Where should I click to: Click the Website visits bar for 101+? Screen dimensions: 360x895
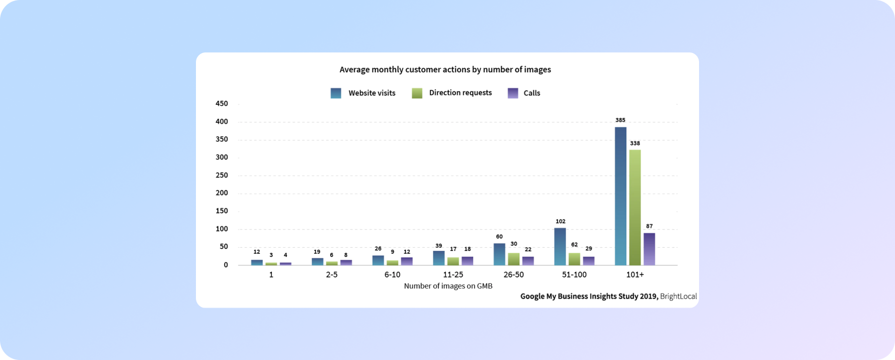tap(620, 196)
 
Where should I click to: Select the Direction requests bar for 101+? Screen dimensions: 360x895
tap(635, 207)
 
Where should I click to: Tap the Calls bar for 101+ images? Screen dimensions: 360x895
tap(649, 249)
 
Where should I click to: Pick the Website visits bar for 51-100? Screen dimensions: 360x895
tap(560, 246)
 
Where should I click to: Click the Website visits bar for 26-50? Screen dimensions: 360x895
tap(499, 254)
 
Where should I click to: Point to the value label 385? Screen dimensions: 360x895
tap(620, 120)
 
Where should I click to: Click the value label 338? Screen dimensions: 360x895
tap(635, 144)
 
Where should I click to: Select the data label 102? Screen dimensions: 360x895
tap(560, 221)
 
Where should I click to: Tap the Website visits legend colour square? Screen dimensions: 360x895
tap(336, 93)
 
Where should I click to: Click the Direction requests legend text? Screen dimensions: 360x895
tap(460, 93)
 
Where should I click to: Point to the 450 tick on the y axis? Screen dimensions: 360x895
tap(221, 104)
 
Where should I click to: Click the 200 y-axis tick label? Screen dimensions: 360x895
tap(221, 193)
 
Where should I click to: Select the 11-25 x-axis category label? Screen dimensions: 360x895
tap(453, 275)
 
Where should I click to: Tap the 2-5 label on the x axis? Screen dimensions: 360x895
tap(332, 275)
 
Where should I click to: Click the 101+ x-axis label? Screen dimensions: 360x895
tap(635, 275)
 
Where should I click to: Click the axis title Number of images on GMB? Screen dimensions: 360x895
tap(448, 286)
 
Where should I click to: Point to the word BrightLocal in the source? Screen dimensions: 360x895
tap(678, 296)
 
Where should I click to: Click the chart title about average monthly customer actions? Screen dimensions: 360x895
tap(445, 70)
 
